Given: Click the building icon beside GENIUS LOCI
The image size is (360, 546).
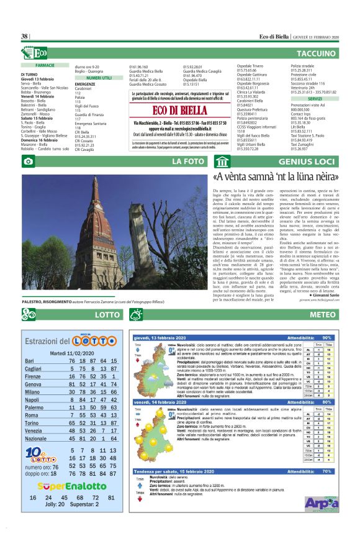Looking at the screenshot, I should [221, 162].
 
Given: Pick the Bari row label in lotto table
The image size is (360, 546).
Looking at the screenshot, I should [30, 361].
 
